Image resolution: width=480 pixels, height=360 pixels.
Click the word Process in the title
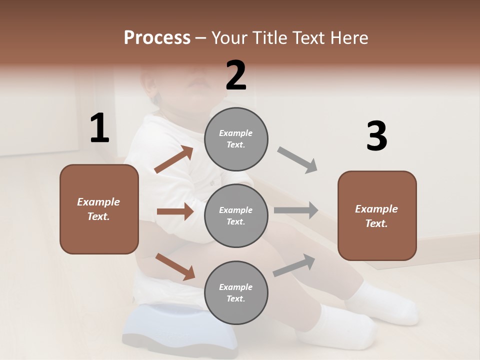coord(157,38)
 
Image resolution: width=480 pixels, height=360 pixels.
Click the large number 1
coord(99,128)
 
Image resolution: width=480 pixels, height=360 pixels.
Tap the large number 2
coord(236,75)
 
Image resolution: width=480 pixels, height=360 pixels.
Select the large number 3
coord(376,136)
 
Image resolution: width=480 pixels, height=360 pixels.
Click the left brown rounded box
coord(99,209)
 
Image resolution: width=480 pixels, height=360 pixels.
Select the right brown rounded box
coord(377,216)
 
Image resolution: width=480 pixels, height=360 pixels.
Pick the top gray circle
coord(236,139)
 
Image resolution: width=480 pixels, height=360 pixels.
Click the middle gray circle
coord(236,215)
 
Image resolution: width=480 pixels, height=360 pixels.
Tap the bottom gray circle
coord(236,292)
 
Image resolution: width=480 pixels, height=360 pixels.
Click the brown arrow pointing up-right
coord(174,159)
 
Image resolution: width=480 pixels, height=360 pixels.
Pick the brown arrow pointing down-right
coord(175,266)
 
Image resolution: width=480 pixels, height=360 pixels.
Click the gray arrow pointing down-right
coord(297,160)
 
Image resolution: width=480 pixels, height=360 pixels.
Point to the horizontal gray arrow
coord(296,210)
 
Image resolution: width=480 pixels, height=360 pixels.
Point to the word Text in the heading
coord(308,38)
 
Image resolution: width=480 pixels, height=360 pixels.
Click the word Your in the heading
coord(230,38)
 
